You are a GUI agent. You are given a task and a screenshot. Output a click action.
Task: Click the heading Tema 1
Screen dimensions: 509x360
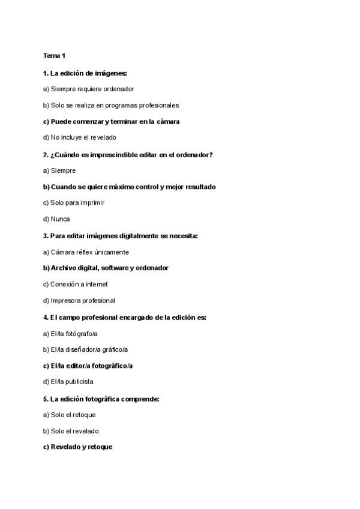(x=54, y=56)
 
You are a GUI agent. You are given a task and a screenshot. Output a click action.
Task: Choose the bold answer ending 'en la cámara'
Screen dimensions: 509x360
(x=111, y=121)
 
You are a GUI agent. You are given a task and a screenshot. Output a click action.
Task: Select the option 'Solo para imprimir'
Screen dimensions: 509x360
(x=70, y=203)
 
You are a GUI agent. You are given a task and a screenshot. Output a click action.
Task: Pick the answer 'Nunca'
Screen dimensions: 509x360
(x=56, y=219)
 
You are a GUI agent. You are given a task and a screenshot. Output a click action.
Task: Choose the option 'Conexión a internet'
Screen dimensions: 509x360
(x=76, y=285)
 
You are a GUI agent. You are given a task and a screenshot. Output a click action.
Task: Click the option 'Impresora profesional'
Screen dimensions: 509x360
(x=79, y=301)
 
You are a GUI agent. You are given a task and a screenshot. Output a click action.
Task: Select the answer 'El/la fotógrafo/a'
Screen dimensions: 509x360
(x=70, y=333)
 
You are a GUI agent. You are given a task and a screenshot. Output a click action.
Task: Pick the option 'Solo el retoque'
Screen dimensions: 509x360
(x=70, y=415)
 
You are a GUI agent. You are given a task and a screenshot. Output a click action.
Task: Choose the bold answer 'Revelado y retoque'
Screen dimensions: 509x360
(x=77, y=447)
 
